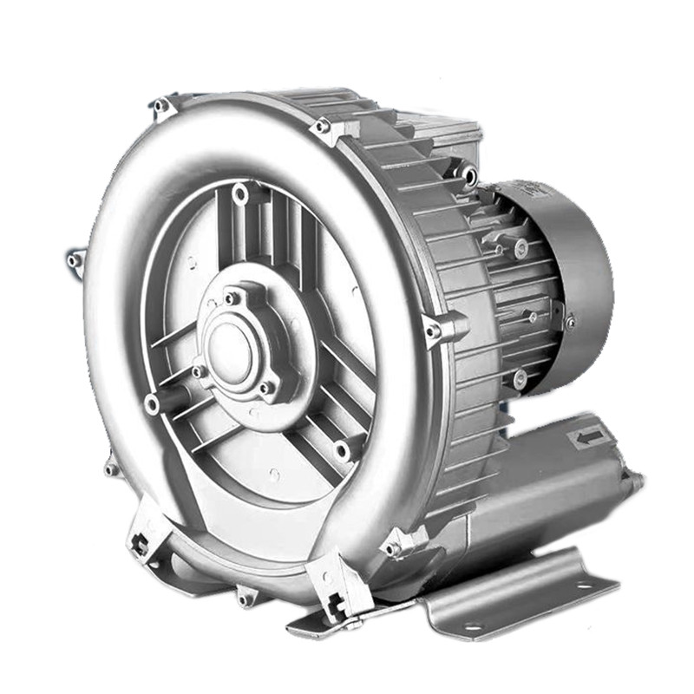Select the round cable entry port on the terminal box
click(469, 176)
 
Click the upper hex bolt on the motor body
click(520, 250)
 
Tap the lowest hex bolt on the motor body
click(520, 378)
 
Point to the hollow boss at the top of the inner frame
click(240, 193)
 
